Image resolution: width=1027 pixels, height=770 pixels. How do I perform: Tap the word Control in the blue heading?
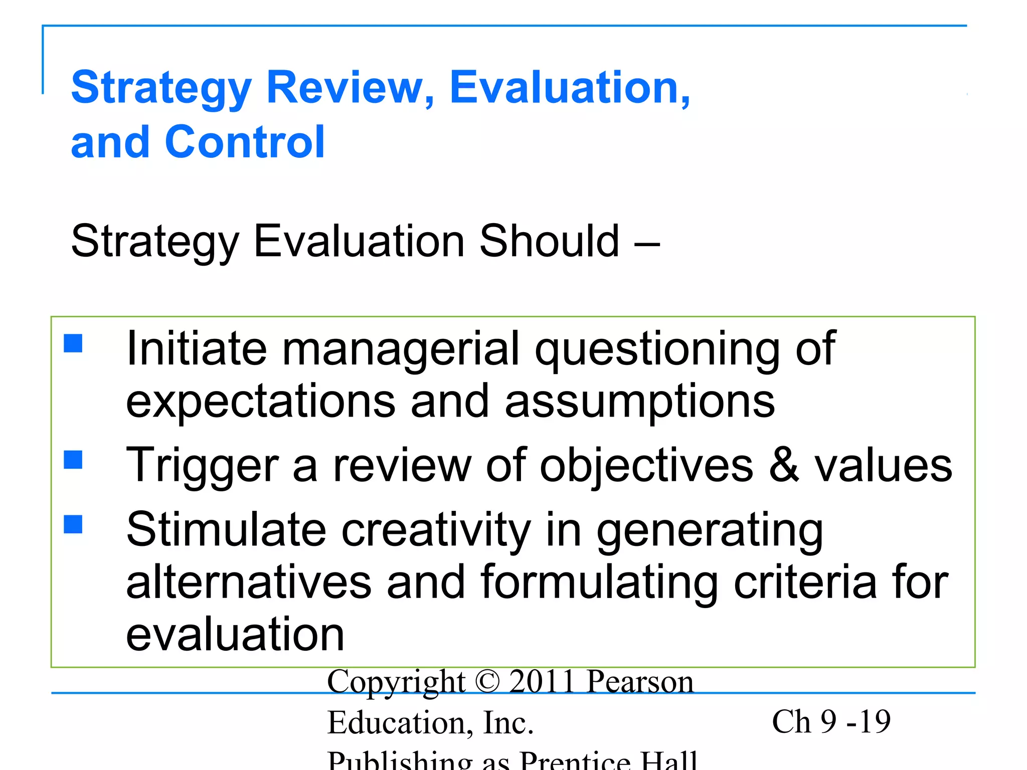tap(245, 142)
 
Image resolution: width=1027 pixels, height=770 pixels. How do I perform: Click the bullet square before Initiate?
tap(73, 344)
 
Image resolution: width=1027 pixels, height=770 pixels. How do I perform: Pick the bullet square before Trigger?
tap(73, 459)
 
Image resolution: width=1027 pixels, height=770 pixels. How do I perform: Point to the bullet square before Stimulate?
tap(73, 524)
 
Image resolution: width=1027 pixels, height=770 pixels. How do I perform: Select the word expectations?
tap(260, 401)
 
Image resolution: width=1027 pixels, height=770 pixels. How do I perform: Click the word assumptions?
tap(640, 401)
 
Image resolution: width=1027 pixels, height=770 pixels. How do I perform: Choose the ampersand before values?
tap(784, 465)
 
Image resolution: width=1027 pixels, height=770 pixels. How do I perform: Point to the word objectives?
tap(646, 465)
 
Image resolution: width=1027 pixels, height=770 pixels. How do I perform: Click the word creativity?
tap(436, 530)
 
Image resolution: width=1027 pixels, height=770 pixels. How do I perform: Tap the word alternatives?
tap(249, 583)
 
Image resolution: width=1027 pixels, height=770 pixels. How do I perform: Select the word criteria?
tap(805, 583)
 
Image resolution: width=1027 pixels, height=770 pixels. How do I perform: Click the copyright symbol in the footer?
tap(487, 682)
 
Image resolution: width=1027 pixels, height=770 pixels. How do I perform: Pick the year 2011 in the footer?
tap(542, 682)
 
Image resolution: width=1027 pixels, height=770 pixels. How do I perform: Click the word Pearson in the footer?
tap(640, 682)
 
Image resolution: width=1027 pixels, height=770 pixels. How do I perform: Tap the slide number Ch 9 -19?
tap(831, 722)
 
